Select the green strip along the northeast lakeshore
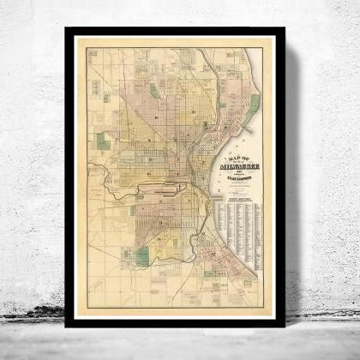(x=254, y=104)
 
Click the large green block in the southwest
(x=142, y=255)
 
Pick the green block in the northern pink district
(x=154, y=90)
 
